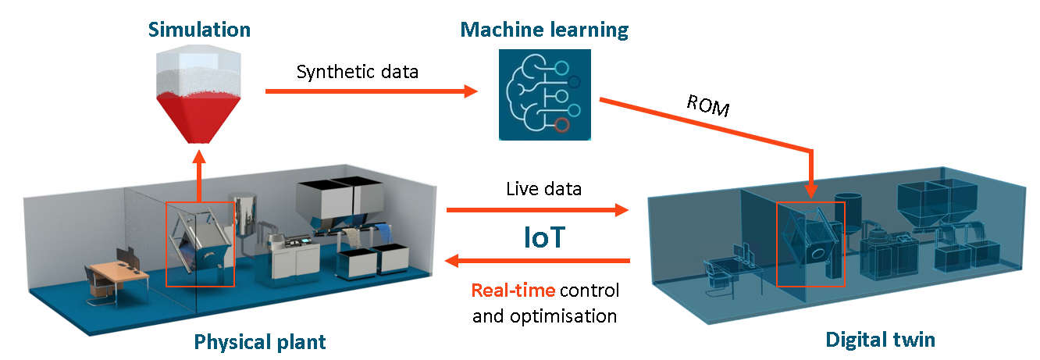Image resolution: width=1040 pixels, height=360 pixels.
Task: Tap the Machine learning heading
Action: pyautogui.click(x=544, y=30)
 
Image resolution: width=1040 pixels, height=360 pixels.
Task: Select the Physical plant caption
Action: pyautogui.click(x=259, y=341)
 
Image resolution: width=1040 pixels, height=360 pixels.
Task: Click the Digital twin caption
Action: pyautogui.click(x=880, y=340)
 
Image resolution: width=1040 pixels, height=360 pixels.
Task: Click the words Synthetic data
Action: pyautogui.click(x=358, y=72)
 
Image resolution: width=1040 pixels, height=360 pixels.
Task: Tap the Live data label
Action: pyautogui.click(x=537, y=189)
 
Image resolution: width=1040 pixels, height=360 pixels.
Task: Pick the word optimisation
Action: pyautogui.click(x=574, y=315)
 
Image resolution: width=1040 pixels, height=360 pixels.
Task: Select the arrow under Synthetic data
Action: pyautogui.click(x=371, y=91)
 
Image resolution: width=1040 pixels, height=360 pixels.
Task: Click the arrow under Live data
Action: pyautogui.click(x=537, y=210)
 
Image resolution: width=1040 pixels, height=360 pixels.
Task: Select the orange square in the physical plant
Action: pyautogui.click(x=200, y=244)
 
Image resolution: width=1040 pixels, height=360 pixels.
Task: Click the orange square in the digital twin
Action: pyautogui.click(x=810, y=244)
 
